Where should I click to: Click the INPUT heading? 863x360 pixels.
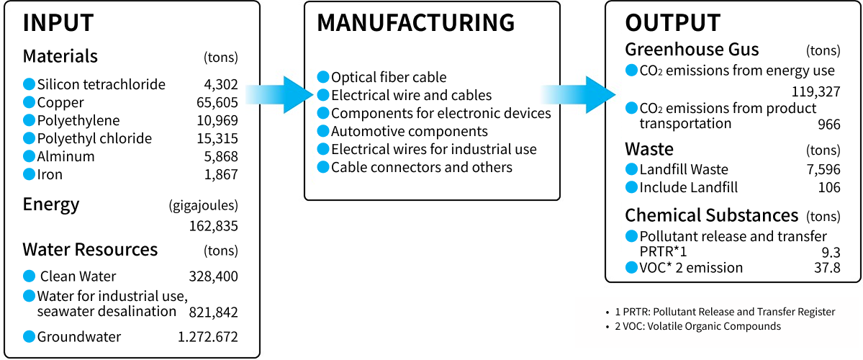tap(58, 23)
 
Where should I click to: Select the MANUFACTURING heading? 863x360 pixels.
tap(416, 23)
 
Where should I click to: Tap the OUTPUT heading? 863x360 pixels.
tap(672, 23)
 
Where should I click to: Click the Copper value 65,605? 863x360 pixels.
tap(217, 102)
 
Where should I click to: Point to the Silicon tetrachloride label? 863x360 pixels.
tap(101, 84)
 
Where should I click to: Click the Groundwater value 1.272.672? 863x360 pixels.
tap(207, 337)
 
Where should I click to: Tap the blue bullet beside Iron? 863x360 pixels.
tap(29, 174)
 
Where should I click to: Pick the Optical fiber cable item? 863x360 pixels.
tap(389, 77)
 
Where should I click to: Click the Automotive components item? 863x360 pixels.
tap(409, 131)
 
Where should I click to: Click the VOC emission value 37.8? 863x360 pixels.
tap(825, 269)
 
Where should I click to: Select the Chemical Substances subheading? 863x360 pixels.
tap(711, 215)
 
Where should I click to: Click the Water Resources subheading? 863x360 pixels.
tap(90, 250)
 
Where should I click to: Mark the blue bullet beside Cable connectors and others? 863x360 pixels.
tap(322, 167)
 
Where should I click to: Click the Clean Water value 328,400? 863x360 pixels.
tap(213, 276)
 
